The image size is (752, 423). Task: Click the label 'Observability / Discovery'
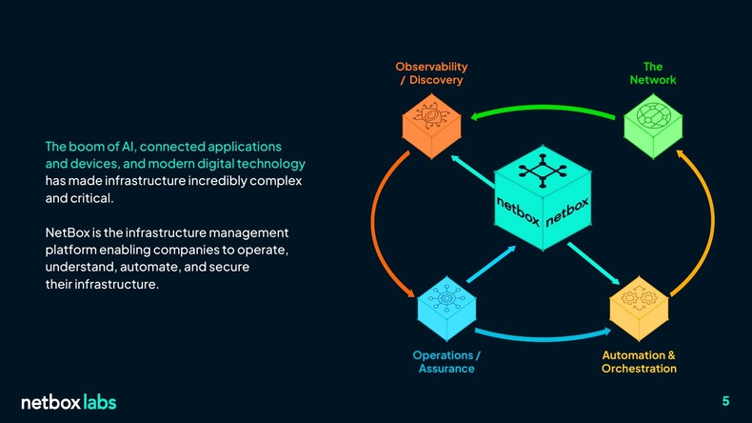click(431, 73)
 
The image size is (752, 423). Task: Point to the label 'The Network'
click(652, 73)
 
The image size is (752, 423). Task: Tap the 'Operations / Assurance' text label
click(446, 362)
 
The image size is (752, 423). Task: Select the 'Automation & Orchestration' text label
click(639, 362)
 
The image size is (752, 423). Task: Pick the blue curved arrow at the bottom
click(541, 334)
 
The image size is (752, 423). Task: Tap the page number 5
click(725, 400)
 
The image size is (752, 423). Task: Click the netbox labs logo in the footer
click(69, 402)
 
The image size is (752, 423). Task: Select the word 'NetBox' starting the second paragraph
click(65, 233)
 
